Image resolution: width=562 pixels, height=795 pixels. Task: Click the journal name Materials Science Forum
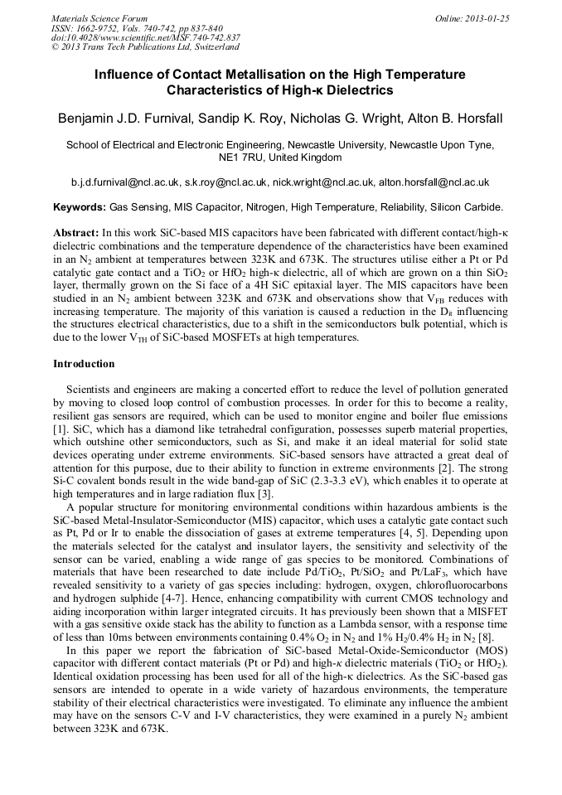coord(99,18)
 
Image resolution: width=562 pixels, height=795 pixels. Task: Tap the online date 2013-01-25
coord(481,18)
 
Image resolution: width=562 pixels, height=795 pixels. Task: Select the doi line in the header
coord(146,37)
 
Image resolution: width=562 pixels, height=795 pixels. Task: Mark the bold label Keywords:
coord(80,207)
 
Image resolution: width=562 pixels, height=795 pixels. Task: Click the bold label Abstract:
coord(76,234)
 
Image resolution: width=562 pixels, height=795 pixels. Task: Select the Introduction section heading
coord(84,364)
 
